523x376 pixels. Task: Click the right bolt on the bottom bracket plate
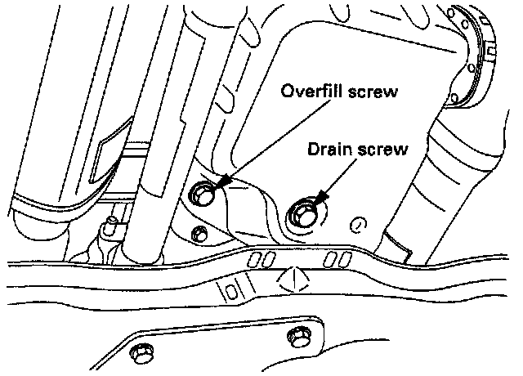tap(298, 338)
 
